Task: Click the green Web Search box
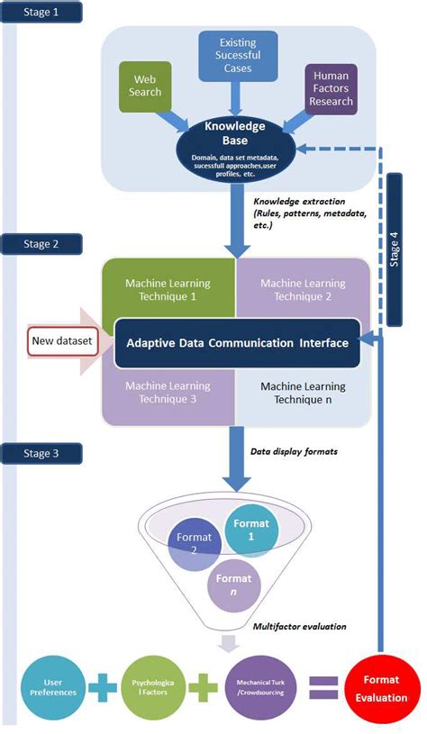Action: pos(146,86)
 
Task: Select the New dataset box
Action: pos(60,341)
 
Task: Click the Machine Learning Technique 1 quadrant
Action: pos(168,288)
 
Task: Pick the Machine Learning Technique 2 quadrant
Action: pos(302,288)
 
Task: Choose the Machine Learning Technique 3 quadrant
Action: pos(168,394)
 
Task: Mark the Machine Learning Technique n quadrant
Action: pos(302,394)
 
